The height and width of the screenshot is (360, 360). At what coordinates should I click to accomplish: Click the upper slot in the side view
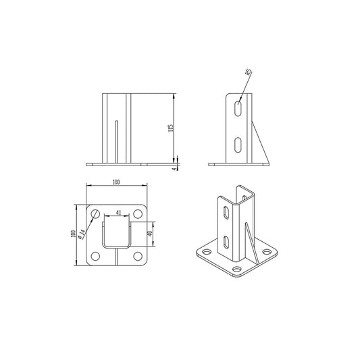click(x=236, y=109)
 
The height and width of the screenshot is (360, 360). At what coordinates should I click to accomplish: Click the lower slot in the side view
click(x=236, y=144)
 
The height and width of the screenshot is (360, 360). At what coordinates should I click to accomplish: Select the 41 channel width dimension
click(x=119, y=213)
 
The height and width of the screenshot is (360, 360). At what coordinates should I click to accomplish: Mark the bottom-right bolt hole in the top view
click(x=138, y=256)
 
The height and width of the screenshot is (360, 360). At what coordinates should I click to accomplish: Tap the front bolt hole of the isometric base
click(x=237, y=269)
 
